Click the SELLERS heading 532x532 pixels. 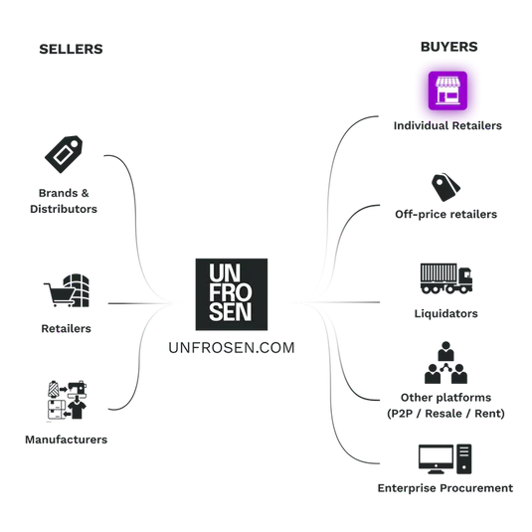(71, 49)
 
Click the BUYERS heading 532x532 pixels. (448, 47)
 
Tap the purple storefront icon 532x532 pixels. (447, 90)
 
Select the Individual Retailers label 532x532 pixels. (447, 125)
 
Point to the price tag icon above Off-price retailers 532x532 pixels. (445, 187)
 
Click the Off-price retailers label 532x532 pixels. (445, 215)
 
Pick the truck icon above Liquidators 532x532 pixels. (446, 278)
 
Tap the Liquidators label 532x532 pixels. (445, 313)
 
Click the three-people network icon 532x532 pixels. (445, 362)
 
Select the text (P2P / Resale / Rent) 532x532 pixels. (445, 414)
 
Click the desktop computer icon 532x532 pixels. (444, 459)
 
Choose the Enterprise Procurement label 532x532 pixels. (445, 488)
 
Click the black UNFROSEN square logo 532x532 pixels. (232, 294)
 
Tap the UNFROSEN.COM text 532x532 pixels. (232, 348)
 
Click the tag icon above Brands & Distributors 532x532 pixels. (64, 154)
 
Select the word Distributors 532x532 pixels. (64, 209)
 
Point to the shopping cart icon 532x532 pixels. (60, 294)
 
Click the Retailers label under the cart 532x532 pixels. (67, 328)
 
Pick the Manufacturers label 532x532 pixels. (67, 440)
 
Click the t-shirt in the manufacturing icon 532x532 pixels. (77, 410)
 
